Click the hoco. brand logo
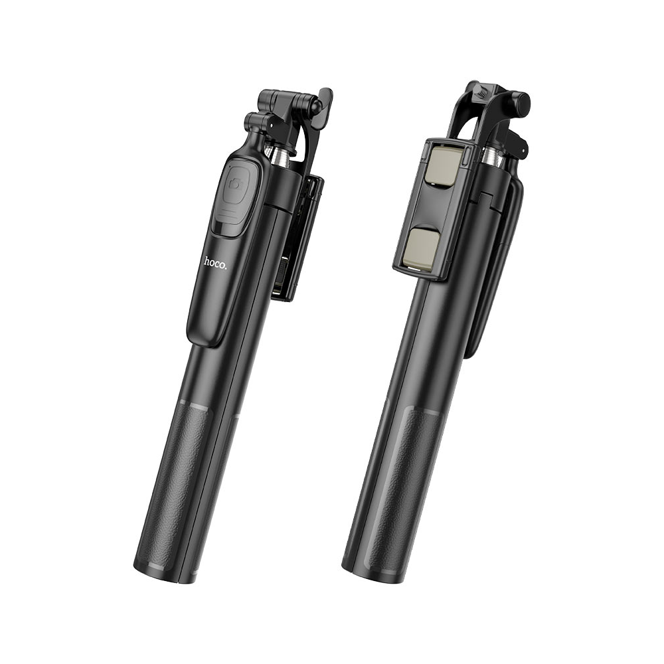click(x=215, y=262)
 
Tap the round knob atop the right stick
click(x=518, y=102)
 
